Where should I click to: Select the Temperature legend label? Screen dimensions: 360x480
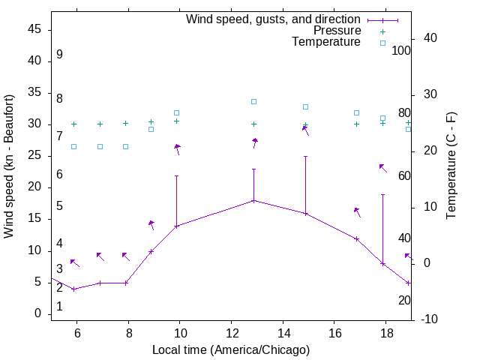point(326,42)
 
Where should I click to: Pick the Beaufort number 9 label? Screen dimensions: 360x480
point(59,55)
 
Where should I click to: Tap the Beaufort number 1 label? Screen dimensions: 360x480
point(59,307)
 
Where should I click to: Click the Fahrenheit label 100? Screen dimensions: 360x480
point(401,50)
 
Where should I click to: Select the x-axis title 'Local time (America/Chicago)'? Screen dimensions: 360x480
point(231,349)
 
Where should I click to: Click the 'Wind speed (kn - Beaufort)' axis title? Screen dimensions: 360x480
point(10,166)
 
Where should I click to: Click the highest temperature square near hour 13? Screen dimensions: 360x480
point(253,101)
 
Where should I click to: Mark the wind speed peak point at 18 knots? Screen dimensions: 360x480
point(253,200)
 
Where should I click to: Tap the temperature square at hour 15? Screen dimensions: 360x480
point(305,106)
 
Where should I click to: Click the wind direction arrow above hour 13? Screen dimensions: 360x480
point(255,142)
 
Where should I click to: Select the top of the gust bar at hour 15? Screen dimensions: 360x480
point(305,156)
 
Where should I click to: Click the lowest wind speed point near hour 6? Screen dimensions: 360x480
point(73,289)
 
